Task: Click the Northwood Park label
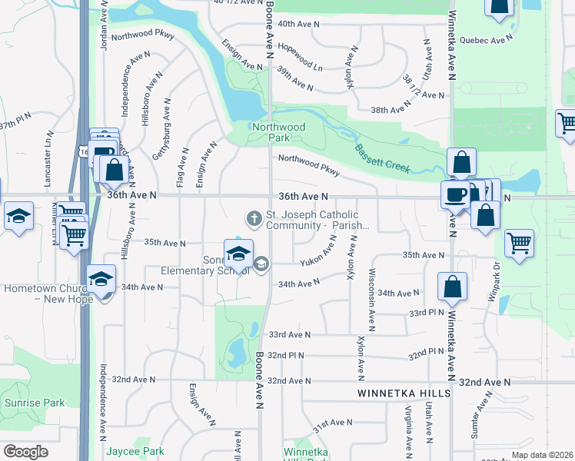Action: [278, 132]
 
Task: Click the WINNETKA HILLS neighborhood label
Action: [397, 393]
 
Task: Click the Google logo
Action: [25, 452]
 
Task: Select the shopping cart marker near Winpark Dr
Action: [520, 243]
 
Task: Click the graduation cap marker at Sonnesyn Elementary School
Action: [238, 253]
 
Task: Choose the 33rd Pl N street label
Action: [427, 313]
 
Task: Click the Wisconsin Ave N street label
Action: [372, 295]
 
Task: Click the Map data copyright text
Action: [541, 455]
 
